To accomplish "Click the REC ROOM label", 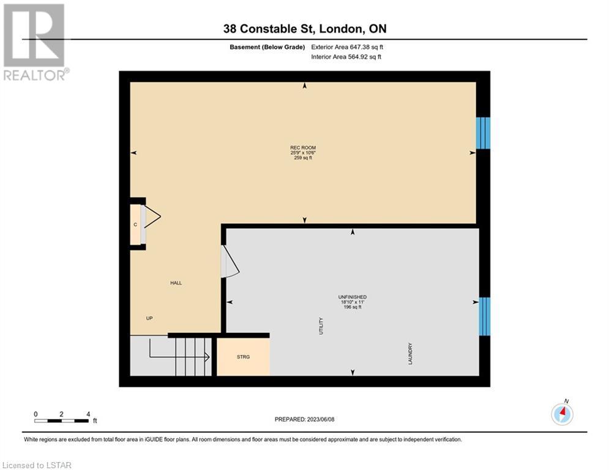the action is click(x=303, y=147).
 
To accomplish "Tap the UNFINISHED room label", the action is click(x=353, y=297).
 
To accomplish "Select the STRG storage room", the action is click(x=243, y=357).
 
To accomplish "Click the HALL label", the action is click(x=176, y=283).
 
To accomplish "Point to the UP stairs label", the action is click(x=149, y=318).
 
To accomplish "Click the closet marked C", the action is click(x=135, y=225).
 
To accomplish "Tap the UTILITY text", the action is click(x=321, y=326).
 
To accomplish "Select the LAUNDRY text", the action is click(x=410, y=354).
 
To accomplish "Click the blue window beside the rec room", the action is click(x=483, y=133).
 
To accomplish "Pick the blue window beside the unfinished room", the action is click(x=484, y=316).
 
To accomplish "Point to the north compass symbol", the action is click(x=562, y=413).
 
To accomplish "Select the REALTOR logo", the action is click(x=34, y=42).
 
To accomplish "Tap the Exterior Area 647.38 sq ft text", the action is click(x=347, y=47).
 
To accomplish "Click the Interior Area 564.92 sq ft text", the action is click(x=346, y=57).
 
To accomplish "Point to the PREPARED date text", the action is click(x=305, y=419).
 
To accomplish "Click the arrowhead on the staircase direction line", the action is click(x=207, y=357).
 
